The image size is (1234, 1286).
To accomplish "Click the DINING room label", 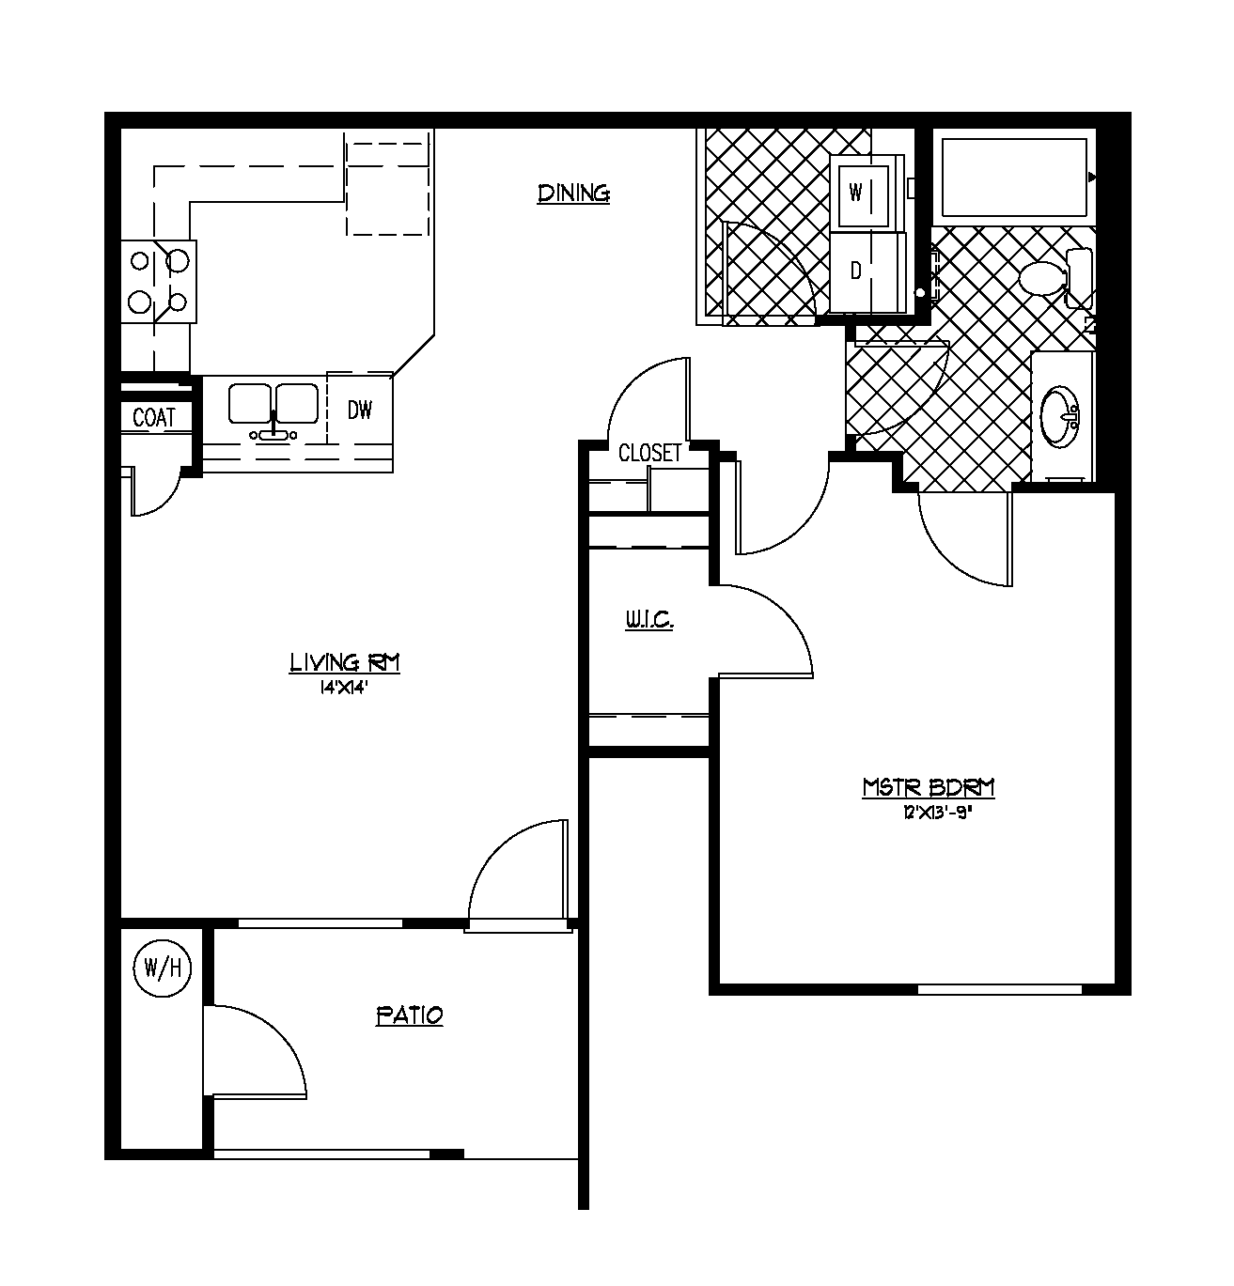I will tap(573, 194).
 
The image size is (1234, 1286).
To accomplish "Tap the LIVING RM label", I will tap(344, 663).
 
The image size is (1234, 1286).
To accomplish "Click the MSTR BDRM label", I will tap(929, 788).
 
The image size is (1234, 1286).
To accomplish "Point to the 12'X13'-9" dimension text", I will tap(935, 813).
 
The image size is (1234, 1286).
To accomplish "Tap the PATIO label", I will tap(409, 1015).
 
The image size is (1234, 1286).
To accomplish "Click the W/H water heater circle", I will tap(163, 967).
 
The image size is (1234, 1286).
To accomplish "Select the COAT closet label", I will tap(154, 418).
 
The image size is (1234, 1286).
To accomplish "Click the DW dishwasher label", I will tap(360, 411).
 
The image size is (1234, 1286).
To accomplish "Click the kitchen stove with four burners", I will tap(159, 281).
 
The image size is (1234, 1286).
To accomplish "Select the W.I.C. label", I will tap(648, 621).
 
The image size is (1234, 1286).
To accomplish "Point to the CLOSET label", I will tap(649, 454).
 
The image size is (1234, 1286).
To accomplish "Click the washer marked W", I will tap(860, 193).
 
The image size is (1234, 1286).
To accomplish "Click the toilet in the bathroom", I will tap(1053, 278).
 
